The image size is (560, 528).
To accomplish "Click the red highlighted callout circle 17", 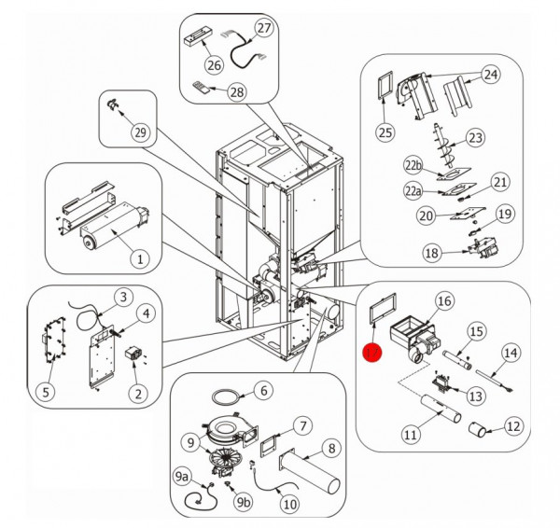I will tap(372, 354).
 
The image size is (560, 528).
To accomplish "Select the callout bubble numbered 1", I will tap(141, 257).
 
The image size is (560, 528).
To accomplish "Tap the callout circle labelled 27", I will tap(265, 28).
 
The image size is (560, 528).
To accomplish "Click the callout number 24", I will tap(490, 74).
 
